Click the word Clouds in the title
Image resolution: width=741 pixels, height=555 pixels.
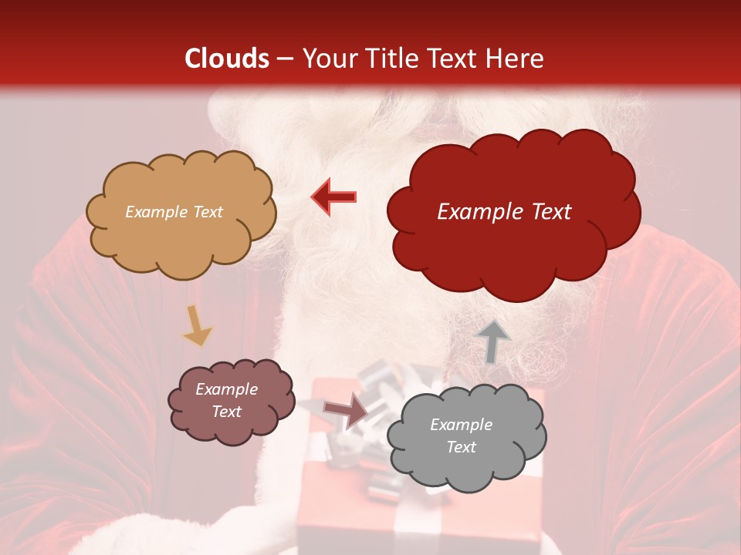(x=227, y=59)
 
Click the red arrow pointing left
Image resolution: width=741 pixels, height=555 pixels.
(x=333, y=197)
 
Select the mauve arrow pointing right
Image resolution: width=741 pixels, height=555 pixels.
(x=346, y=411)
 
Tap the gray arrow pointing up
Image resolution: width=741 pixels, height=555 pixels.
(x=493, y=341)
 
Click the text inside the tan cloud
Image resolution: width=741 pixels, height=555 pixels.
(x=174, y=212)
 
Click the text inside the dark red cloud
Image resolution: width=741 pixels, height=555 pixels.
(x=504, y=212)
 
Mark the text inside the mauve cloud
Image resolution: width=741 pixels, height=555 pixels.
(x=226, y=400)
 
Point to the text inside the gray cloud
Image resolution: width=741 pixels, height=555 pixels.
(x=461, y=436)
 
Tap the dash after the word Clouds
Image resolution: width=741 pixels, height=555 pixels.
(x=284, y=59)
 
